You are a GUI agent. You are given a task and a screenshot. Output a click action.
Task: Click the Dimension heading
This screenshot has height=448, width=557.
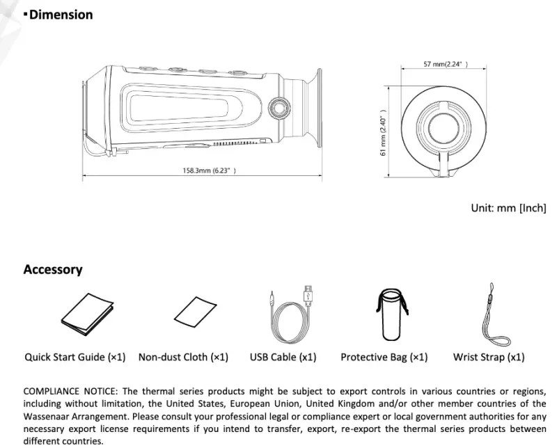coord(61,15)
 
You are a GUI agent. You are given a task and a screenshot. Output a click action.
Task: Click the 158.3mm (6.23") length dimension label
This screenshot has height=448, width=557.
coord(210,170)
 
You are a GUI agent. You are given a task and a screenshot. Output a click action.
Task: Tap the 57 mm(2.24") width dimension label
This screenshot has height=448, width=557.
coord(446,64)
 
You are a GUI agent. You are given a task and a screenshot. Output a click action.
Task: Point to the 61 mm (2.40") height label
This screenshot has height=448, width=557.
coord(383,132)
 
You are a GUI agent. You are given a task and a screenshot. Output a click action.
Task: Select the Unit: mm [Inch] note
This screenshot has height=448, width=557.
coord(509,208)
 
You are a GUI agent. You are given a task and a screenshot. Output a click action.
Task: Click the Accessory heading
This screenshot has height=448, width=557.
coord(53,269)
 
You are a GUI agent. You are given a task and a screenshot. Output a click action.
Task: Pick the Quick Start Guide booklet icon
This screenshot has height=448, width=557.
coord(88,314)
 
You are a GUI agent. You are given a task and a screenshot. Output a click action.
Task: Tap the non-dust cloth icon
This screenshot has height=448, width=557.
coord(196,312)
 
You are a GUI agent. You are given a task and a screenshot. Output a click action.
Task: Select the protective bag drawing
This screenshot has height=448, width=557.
coord(391,314)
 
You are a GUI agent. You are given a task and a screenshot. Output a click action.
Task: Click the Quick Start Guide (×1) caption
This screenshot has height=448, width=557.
coord(75,357)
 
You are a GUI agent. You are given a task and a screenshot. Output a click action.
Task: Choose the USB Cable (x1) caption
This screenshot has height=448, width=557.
coord(283,357)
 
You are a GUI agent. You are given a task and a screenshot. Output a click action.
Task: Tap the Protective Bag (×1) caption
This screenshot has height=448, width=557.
coord(384,357)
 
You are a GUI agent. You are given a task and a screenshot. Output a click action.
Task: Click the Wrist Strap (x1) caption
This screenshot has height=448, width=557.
coord(489,357)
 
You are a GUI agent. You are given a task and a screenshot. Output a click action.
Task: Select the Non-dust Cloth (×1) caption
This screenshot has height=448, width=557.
coord(183,357)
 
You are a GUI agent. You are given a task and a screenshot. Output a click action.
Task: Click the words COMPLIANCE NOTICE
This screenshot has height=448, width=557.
coord(70,391)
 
